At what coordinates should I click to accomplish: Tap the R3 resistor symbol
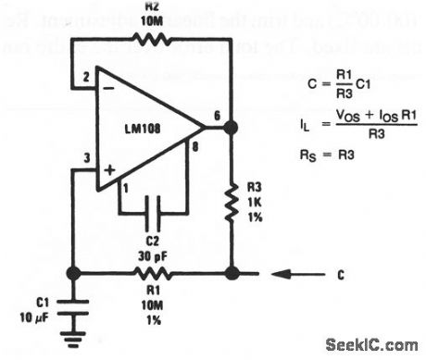coord(231,200)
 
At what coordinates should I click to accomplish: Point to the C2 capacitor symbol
coord(153,213)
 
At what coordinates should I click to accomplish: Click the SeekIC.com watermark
coord(375,345)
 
